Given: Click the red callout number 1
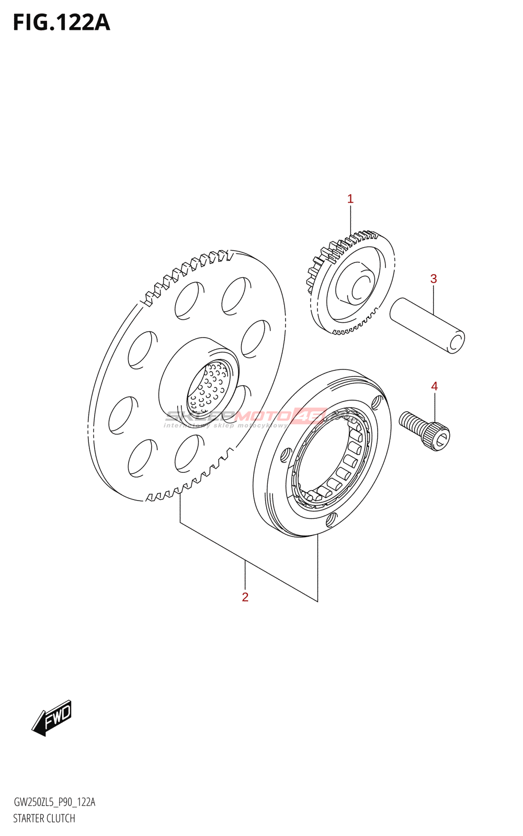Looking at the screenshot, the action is point(350,199).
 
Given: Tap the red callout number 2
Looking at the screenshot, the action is point(245,597).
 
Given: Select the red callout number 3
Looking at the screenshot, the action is point(434,279).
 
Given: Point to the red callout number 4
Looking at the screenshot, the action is point(434,387).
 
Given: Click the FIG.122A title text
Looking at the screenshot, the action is point(62,24).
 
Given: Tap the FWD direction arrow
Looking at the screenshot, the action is point(52,718).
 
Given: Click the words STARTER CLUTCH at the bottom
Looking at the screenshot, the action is point(44,818).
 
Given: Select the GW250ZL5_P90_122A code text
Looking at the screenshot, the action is point(54,802).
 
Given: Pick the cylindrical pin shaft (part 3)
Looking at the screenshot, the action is point(426,325).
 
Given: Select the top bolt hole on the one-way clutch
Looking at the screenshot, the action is point(376,402).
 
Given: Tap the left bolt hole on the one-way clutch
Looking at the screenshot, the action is point(285,454).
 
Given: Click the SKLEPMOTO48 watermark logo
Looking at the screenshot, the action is point(246,417).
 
